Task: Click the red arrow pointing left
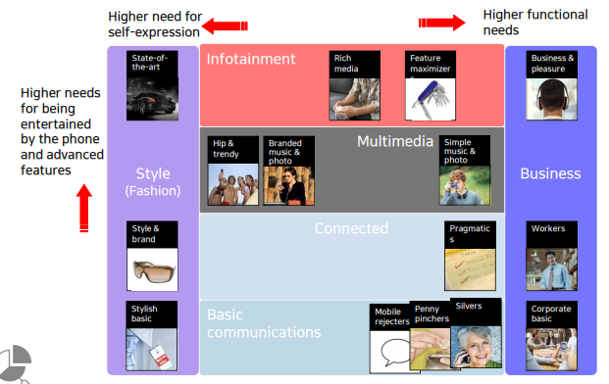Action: coord(225,26)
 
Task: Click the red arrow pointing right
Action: coord(441,23)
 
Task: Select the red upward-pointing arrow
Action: coord(84,209)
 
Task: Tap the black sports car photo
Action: coord(152,99)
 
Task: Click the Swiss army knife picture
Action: coord(431,99)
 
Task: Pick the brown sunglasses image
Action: coord(152,269)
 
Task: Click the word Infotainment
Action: coord(251,59)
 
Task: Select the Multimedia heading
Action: coord(395,141)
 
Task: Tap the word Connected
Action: coord(351,228)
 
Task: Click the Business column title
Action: coord(550,173)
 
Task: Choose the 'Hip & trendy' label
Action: coord(226,149)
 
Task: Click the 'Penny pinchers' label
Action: coord(431,313)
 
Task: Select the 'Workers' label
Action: coord(548,228)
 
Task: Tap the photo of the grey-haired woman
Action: coord(477,347)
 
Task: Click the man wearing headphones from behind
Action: coord(551,99)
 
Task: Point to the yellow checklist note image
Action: coord(470,269)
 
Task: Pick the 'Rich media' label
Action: coord(346,64)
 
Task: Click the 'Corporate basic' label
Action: coord(551,313)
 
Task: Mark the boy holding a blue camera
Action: coord(465,185)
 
